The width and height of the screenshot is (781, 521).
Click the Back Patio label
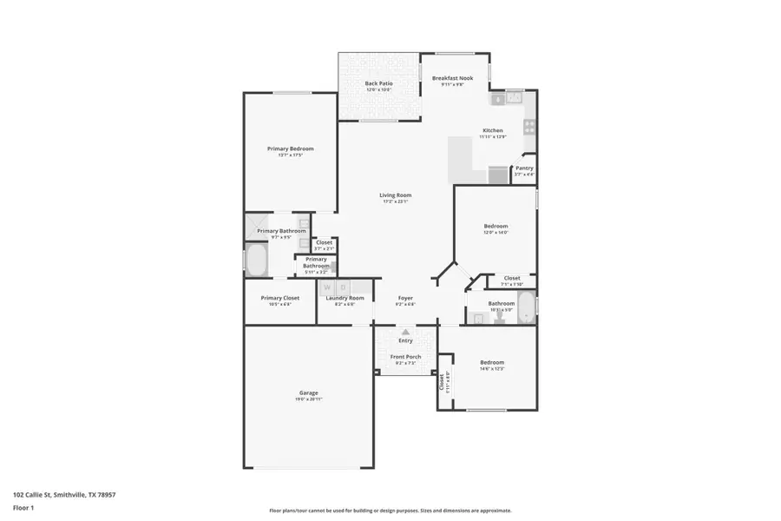coord(378,83)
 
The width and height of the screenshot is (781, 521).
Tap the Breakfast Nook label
coord(452,78)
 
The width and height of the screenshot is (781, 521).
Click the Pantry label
coord(524,168)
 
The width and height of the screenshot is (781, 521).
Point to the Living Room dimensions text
coord(395,201)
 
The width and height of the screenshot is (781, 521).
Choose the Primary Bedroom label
coord(290,148)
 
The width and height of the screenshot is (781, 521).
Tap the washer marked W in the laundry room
coord(328,287)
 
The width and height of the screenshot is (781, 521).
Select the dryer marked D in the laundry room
coord(344,287)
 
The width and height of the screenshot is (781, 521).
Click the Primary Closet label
coord(279,298)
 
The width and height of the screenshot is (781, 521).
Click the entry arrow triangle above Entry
coord(405,332)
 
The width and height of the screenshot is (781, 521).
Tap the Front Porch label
coord(405,357)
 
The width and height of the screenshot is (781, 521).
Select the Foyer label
coord(405,298)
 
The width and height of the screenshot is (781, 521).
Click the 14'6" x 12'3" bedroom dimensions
coord(492,368)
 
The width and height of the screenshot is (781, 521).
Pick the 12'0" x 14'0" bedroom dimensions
coord(496,233)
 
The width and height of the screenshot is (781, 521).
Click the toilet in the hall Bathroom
coord(499,319)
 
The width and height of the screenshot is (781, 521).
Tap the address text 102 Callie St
coord(64,495)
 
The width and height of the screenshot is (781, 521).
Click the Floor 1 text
coord(23,507)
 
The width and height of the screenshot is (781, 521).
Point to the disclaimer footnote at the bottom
coord(390,511)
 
